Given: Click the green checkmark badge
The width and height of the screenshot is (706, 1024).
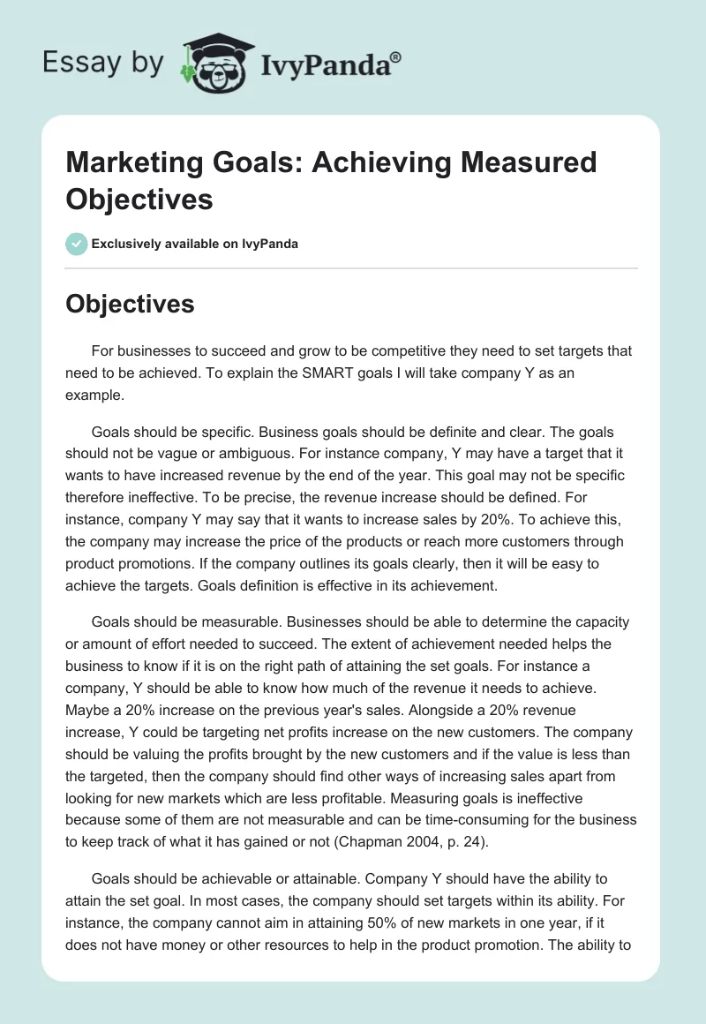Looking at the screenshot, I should pyautogui.click(x=76, y=244).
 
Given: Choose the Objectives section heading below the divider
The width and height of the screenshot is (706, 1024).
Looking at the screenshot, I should pyautogui.click(x=130, y=304).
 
